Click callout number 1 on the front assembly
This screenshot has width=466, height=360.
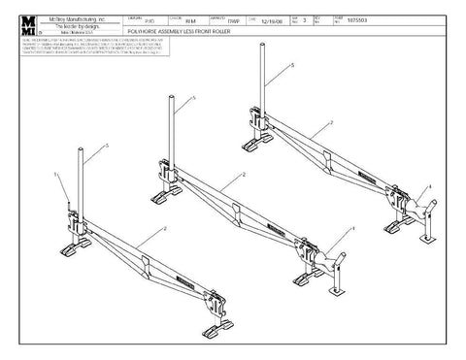click(57, 173)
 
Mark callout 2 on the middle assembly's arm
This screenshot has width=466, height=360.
click(243, 175)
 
